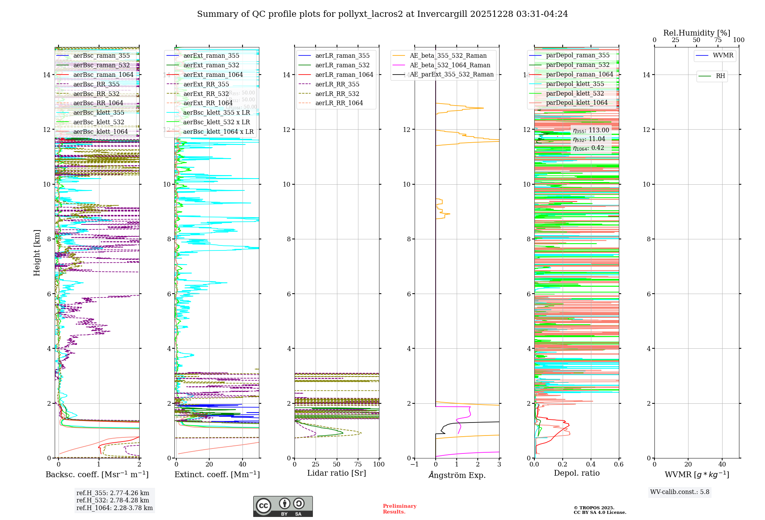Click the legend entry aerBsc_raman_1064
[103, 75]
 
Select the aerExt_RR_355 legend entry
[206, 84]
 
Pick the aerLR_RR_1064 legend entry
[339, 103]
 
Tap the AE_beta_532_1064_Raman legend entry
[450, 65]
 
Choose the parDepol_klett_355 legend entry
[575, 84]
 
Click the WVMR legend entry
[723, 55]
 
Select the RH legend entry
[720, 76]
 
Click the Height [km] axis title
[37, 252]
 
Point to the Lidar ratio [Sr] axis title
[337, 473]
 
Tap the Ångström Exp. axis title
[457, 475]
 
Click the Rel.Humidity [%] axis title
[697, 33]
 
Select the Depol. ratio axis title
[576, 473]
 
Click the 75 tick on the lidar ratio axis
[358, 464]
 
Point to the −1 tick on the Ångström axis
[414, 464]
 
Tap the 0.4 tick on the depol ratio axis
[591, 464]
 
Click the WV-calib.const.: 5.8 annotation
[680, 492]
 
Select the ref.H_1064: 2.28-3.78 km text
[114, 508]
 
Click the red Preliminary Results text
[399, 509]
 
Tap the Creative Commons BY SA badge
[283, 506]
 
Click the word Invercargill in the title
[442, 14]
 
